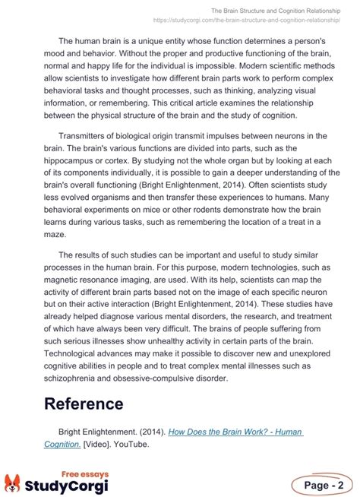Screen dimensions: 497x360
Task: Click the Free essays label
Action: click(84, 473)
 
